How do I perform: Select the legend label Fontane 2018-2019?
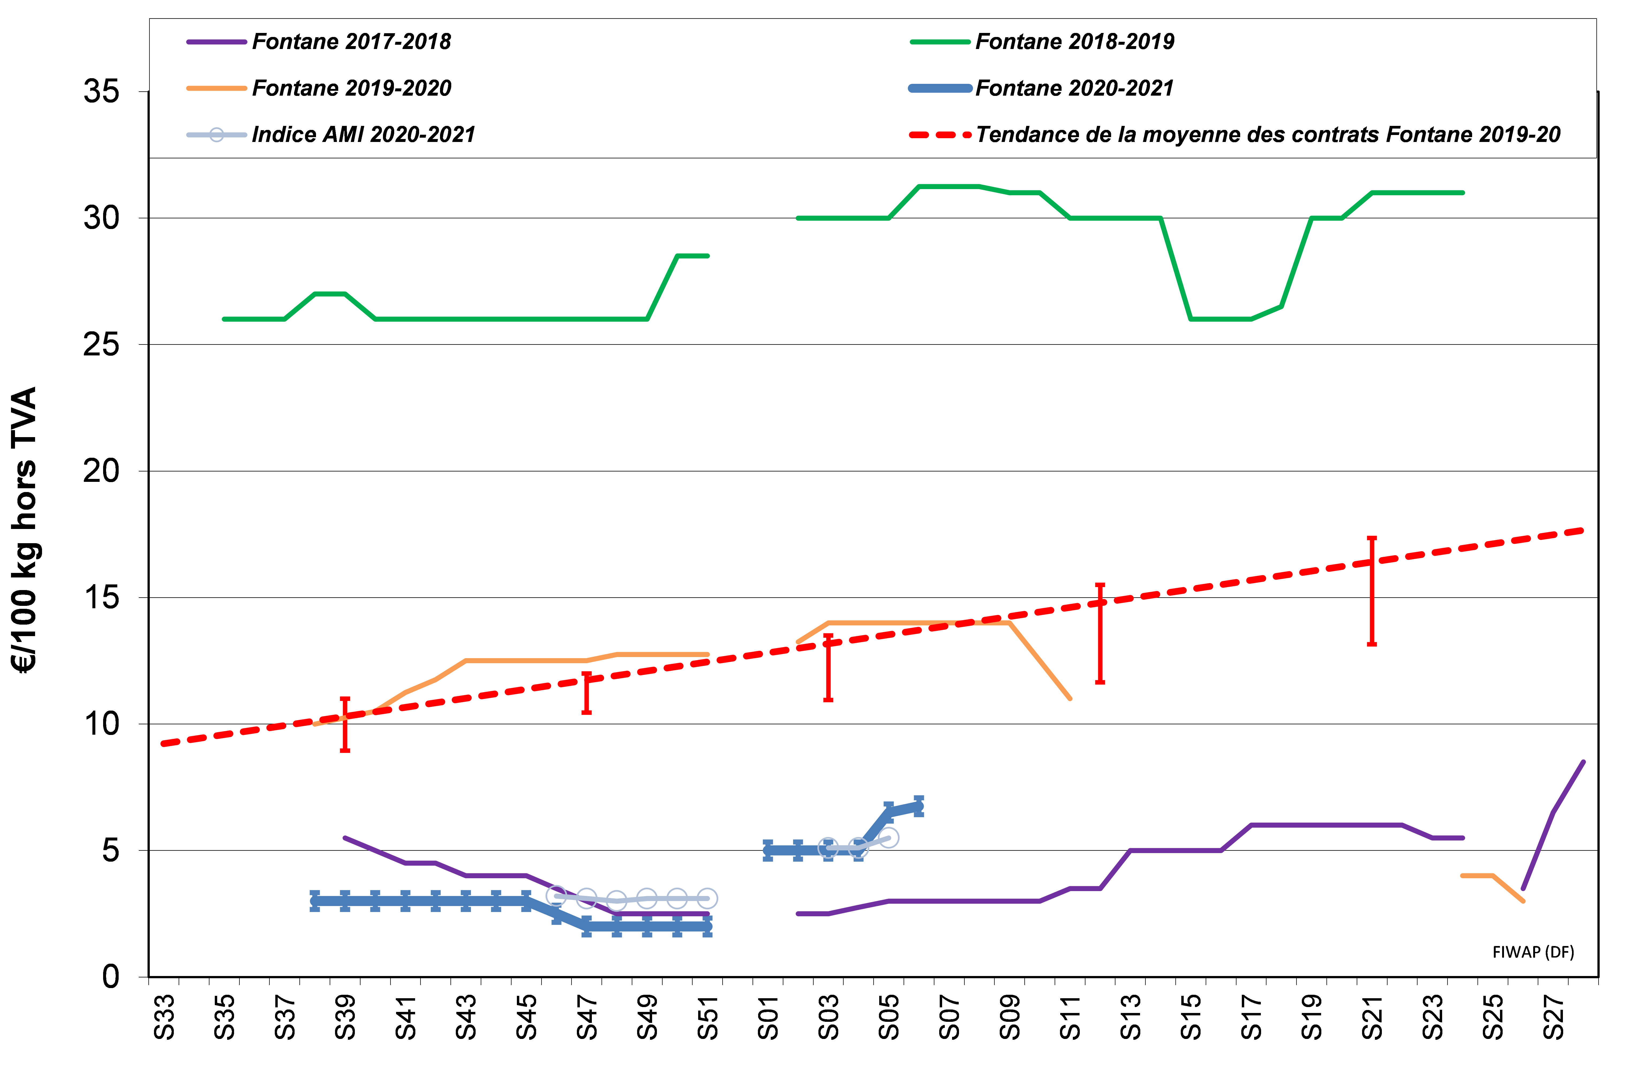(1074, 42)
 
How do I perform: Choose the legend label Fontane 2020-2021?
(1074, 88)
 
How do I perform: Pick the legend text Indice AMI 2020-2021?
(363, 134)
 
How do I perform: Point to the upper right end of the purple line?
(1583, 762)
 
